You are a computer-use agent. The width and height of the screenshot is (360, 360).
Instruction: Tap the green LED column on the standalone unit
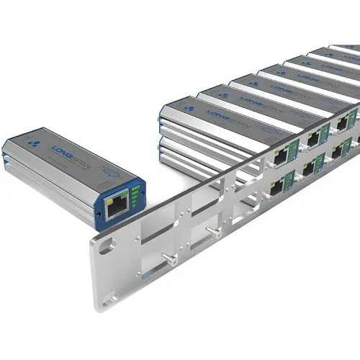135,195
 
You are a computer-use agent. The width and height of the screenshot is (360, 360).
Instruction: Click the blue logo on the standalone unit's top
32,143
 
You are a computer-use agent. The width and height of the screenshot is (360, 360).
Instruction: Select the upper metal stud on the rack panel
215,233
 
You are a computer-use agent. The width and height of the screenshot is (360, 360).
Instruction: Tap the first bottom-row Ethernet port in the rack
277,188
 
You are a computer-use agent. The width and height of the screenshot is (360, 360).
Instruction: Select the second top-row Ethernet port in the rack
313,137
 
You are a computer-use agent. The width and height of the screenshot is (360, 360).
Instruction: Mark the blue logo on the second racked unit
223,95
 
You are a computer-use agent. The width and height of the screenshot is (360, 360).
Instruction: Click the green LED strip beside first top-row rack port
293,149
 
